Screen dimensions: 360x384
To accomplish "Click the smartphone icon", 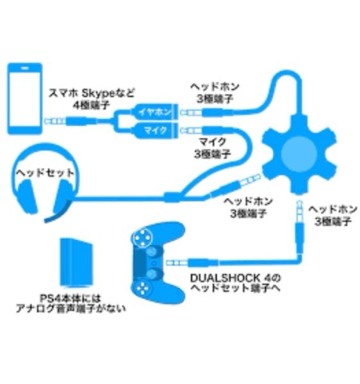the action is coord(25,99).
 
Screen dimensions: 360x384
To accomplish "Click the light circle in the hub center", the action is coord(299,154).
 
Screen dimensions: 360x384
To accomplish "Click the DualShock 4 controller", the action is coord(157,262).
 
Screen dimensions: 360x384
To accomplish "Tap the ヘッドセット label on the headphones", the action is coord(45,173).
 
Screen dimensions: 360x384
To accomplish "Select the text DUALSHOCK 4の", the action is coord(235,278).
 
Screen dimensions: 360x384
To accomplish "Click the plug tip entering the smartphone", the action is coord(47,121).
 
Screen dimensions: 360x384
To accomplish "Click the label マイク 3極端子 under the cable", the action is coord(212,148).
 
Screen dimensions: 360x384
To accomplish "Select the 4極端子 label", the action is coord(91,105).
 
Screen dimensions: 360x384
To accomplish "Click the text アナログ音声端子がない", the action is coord(71,308).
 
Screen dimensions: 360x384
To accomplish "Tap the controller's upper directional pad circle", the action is coord(142,237).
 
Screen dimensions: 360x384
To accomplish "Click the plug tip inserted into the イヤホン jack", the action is coord(183,113).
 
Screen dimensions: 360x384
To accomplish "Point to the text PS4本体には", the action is coord(70,298).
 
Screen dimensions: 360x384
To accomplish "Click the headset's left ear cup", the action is coord(28,196).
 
